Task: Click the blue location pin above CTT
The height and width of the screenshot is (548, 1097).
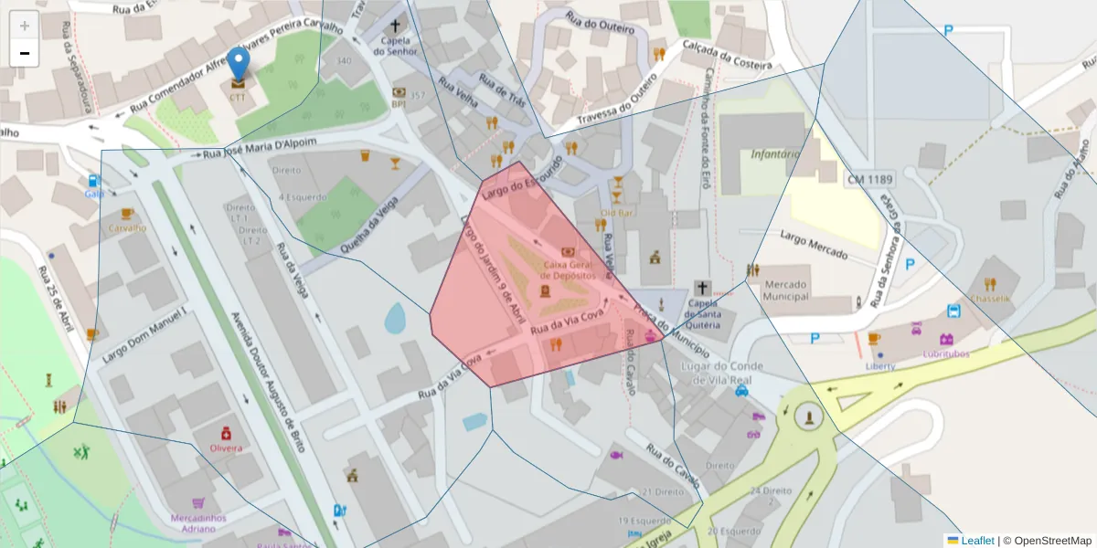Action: tap(238, 64)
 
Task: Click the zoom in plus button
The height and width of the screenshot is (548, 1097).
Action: tap(25, 26)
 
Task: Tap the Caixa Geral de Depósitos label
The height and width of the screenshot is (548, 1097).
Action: tap(568, 269)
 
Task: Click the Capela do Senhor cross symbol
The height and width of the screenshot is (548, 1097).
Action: tap(396, 27)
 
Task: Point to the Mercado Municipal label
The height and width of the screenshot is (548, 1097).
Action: tap(786, 290)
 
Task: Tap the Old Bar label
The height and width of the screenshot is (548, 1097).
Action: tap(617, 213)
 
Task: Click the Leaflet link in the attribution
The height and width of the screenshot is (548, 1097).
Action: tap(977, 540)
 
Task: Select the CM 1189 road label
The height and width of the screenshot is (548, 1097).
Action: tap(868, 179)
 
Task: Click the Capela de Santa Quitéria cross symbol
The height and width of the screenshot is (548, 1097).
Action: tap(701, 288)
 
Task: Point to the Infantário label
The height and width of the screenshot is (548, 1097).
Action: tap(775, 154)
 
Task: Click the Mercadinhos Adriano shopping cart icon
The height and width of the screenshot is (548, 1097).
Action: tap(198, 502)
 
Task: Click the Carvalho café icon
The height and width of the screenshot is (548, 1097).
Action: tap(127, 215)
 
